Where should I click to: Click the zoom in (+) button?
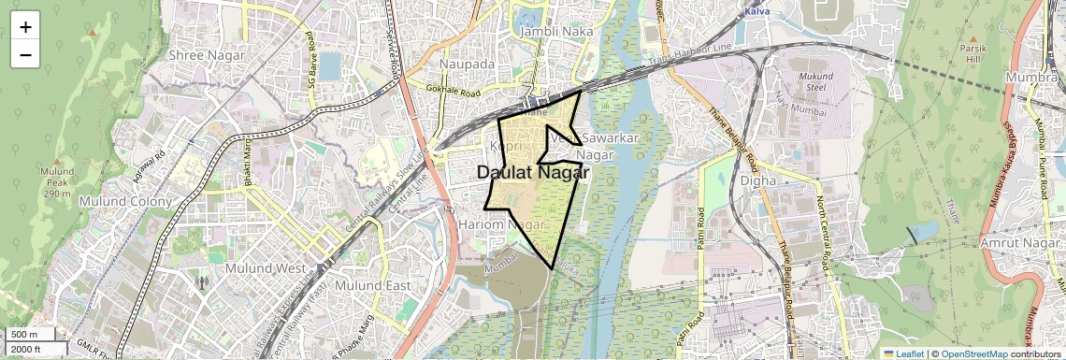tap(25, 27)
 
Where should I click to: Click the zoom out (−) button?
tap(25, 55)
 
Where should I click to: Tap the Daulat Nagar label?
tap(533, 173)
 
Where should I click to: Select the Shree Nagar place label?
tap(207, 55)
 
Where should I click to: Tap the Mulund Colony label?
tap(126, 201)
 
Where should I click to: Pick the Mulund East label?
tap(373, 285)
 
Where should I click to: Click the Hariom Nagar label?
tap(501, 225)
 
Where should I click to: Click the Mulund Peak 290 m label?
tap(56, 183)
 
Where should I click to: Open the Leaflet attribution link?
tap(903, 353)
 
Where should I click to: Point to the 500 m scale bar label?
tap(23, 334)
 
